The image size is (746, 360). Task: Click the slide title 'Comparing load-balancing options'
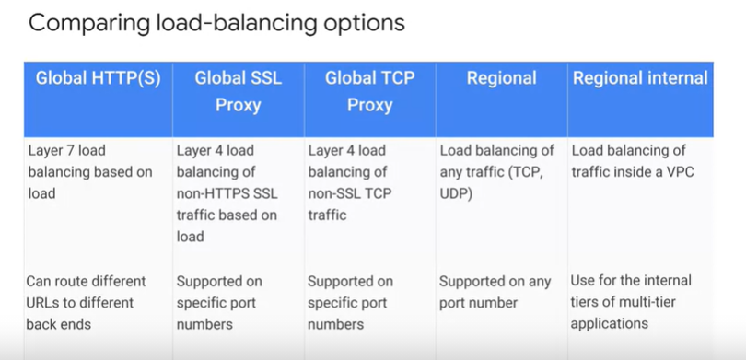216,23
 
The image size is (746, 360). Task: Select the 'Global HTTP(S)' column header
98,78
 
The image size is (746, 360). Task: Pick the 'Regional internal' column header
640,78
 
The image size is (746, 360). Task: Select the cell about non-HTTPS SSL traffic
227,193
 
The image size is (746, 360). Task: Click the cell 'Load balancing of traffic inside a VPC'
629,161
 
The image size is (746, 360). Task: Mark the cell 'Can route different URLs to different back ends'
86,302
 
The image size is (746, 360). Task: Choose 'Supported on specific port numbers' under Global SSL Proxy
219,302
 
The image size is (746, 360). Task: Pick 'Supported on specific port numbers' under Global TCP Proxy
351,302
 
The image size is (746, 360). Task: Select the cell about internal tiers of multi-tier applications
631,302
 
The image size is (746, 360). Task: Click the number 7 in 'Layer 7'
78,150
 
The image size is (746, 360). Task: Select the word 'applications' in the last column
610,324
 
